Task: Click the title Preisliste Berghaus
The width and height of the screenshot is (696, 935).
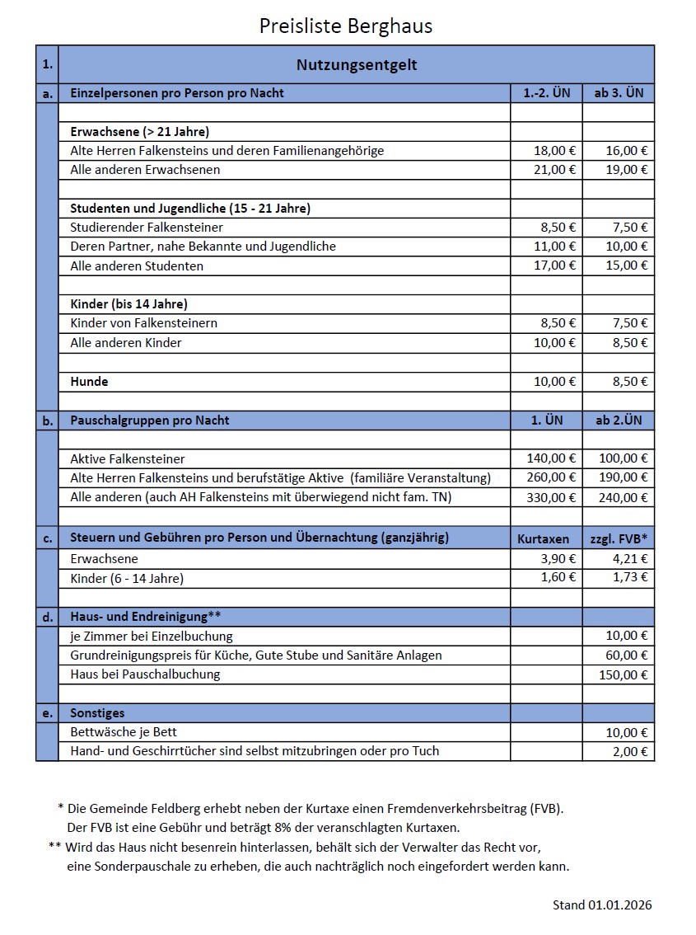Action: tap(346, 26)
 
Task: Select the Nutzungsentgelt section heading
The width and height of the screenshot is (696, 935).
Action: tap(357, 65)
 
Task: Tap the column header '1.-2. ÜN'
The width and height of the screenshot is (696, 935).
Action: tap(546, 93)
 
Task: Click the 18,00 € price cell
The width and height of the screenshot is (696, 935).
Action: tap(554, 151)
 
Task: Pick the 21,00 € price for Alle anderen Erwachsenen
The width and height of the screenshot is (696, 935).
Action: tap(554, 170)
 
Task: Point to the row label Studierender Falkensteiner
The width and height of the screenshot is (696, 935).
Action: tap(147, 227)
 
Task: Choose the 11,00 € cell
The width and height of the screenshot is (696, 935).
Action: tap(554, 247)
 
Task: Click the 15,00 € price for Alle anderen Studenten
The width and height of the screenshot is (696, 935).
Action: tap(627, 265)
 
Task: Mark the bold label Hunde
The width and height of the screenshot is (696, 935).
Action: tap(89, 382)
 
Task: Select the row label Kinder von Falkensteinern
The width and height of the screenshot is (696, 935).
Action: tap(144, 323)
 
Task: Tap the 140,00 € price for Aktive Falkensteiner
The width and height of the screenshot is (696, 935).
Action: tap(551, 458)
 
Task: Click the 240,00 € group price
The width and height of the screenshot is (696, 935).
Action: tap(624, 497)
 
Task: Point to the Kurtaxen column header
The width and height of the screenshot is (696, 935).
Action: tap(543, 538)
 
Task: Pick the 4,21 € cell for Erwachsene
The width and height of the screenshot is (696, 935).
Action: tap(630, 559)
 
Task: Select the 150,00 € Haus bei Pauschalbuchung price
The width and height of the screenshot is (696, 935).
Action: tap(624, 675)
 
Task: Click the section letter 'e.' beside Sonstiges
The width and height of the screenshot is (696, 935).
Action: tap(48, 713)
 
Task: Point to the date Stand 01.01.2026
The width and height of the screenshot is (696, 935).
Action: tap(601, 905)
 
